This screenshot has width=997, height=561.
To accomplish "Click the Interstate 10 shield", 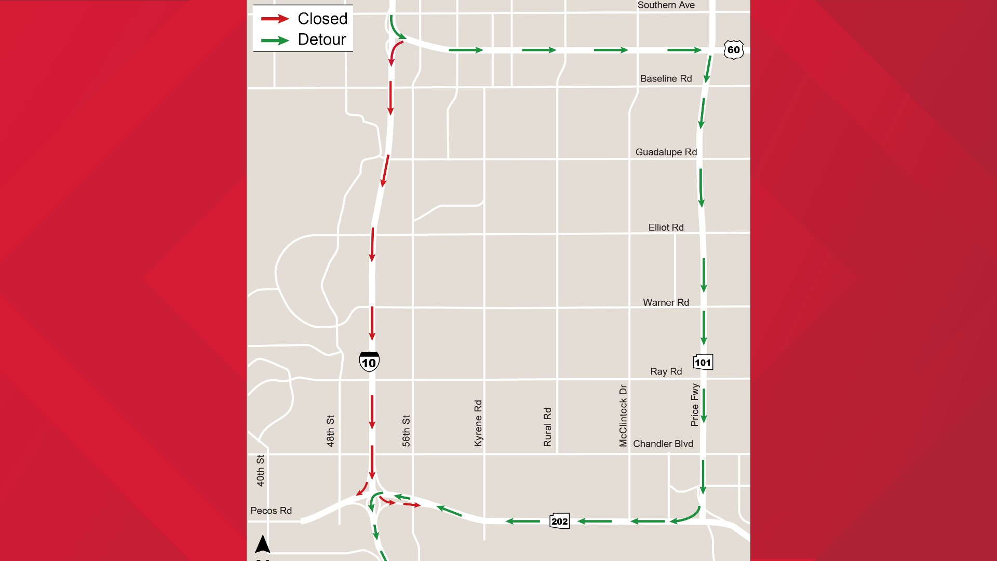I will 369,362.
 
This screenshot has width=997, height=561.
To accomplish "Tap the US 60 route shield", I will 733,50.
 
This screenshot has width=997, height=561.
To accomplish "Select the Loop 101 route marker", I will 703,362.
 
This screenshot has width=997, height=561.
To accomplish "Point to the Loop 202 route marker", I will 559,521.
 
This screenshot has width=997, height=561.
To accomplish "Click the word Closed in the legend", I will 322,19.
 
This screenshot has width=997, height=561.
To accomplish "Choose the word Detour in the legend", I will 322,39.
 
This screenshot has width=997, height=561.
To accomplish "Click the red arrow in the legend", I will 275,19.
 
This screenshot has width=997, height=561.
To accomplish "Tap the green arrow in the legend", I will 275,40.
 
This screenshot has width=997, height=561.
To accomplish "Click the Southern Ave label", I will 666,5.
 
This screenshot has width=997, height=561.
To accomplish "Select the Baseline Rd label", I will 666,78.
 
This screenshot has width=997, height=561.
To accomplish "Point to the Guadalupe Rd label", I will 666,152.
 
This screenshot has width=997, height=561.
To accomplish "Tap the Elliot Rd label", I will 666,228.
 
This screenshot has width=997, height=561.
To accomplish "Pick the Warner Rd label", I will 666,302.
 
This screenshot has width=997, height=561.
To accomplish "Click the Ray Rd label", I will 666,371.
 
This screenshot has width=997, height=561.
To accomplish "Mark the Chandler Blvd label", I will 663,444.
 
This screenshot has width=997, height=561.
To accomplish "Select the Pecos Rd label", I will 271,511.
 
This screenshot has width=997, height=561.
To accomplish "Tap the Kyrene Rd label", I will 478,423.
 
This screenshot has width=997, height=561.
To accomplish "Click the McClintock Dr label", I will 623,415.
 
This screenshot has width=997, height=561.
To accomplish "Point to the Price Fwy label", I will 695,405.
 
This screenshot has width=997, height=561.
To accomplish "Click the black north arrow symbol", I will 263,544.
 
